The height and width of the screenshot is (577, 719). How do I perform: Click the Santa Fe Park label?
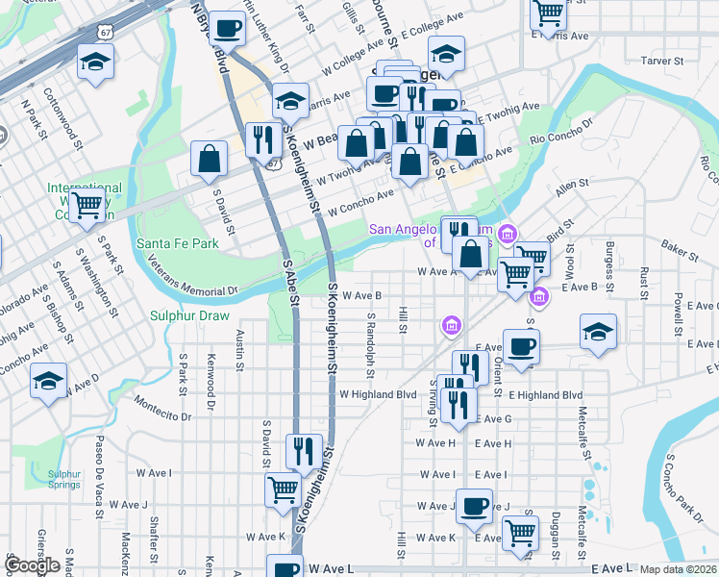pos(178,244)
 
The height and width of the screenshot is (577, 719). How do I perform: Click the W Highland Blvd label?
pos(378,394)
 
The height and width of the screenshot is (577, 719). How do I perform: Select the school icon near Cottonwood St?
pos(94,63)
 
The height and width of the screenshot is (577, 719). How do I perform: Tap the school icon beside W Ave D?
pos(48,382)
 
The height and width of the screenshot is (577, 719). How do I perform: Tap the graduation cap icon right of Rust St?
pos(599,333)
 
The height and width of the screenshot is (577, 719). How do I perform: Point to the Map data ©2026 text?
pos(679,569)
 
